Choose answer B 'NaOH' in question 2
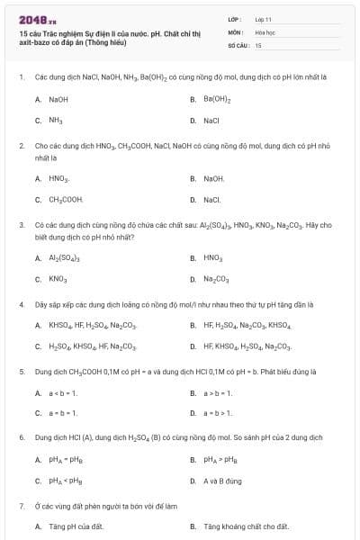[x=214, y=178]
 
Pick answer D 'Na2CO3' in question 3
[x=217, y=278]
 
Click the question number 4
[x=21, y=304]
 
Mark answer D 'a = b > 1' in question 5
[x=219, y=413]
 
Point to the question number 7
[x=21, y=506]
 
